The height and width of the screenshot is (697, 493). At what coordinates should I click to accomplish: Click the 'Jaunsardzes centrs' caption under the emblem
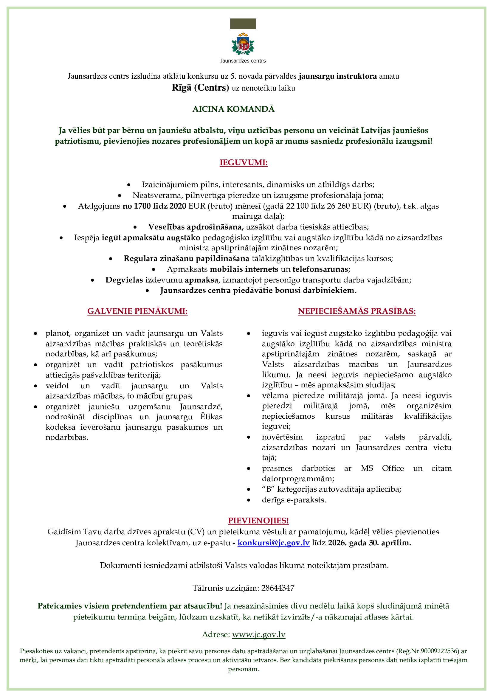(x=243, y=61)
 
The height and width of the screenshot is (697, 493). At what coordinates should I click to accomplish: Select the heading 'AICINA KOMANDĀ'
(x=233, y=109)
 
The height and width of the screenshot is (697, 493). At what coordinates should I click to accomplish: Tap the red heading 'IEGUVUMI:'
(x=244, y=162)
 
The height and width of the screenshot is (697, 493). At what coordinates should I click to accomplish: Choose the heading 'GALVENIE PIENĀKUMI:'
(x=137, y=311)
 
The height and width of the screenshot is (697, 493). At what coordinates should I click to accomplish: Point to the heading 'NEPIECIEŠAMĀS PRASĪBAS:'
(x=357, y=311)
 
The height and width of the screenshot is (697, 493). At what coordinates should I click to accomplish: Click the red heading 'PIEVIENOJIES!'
(x=258, y=521)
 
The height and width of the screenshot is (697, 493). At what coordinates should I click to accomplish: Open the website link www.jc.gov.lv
(x=259, y=634)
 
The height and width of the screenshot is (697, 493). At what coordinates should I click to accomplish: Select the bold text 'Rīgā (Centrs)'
(x=200, y=88)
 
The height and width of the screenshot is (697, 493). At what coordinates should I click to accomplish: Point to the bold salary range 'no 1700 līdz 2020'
(x=154, y=206)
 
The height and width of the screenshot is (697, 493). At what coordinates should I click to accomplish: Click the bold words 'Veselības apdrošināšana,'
(x=196, y=227)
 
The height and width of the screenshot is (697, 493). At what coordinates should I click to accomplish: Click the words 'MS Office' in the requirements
(x=382, y=468)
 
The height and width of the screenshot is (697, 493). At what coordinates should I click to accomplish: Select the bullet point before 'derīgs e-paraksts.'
(x=249, y=500)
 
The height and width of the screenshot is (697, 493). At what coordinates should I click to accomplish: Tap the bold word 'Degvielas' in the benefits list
(x=124, y=280)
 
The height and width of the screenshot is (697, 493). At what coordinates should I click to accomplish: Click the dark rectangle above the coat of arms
(x=243, y=24)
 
